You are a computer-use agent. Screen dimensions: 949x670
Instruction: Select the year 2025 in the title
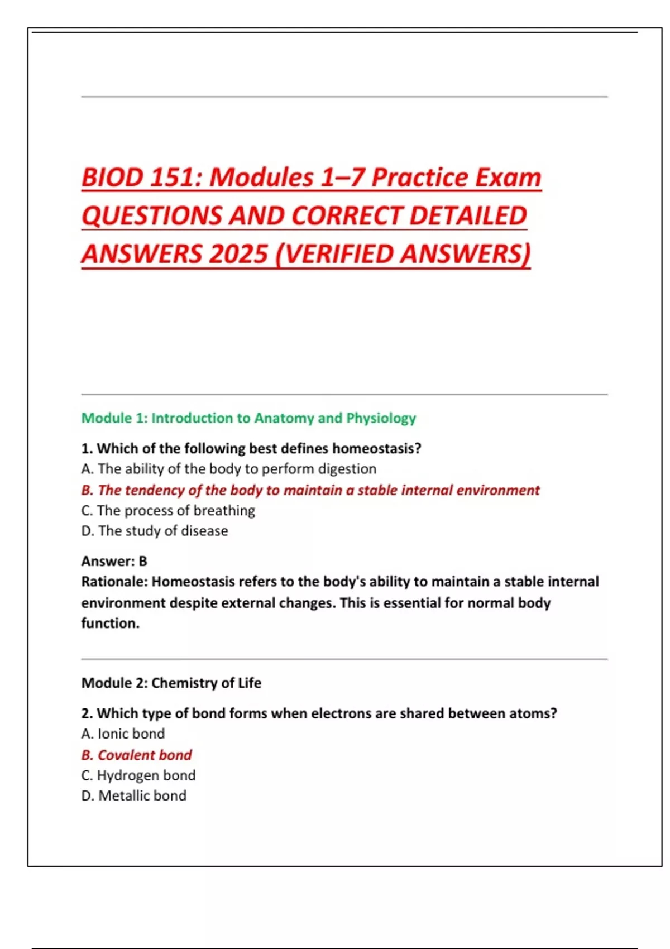(239, 255)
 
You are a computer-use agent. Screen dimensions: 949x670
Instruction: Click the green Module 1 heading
(248, 418)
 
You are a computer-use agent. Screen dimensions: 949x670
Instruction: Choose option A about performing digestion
(229, 469)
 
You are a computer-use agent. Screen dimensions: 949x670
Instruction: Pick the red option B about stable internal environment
(310, 490)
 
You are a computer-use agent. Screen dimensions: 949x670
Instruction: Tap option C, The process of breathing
(168, 510)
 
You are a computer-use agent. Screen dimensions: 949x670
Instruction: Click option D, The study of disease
(155, 531)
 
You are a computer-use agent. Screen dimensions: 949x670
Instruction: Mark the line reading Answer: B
(114, 561)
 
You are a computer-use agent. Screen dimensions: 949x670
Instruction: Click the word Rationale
(114, 582)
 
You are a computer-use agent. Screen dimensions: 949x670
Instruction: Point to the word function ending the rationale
(109, 623)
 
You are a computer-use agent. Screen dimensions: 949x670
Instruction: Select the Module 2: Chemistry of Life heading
(171, 683)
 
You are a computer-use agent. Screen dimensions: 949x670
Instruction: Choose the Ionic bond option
(123, 734)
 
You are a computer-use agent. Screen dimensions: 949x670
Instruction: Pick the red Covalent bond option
(137, 755)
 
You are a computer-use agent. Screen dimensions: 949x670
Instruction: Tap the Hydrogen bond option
(138, 775)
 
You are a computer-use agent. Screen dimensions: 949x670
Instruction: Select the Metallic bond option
(134, 795)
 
